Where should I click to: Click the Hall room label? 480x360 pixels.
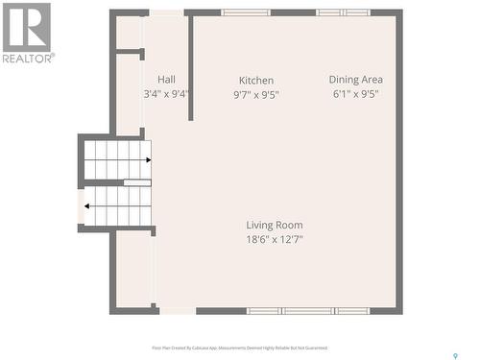click(166, 80)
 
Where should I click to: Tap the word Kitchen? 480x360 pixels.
click(256, 81)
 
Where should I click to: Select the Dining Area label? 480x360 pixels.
click(356, 80)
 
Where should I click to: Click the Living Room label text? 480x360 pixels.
click(275, 225)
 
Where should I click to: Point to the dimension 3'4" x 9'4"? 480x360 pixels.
click(166, 94)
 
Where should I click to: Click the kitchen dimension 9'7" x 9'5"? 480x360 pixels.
click(256, 95)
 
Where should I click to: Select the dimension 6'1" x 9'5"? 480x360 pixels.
click(356, 94)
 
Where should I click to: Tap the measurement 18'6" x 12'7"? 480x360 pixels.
click(275, 239)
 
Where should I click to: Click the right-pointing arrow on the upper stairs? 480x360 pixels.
click(147, 159)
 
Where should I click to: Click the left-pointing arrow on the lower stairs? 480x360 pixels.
click(87, 205)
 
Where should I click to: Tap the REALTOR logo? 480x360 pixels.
click(27, 32)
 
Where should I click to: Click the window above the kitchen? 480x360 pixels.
click(246, 12)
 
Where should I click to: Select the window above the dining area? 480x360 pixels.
click(343, 12)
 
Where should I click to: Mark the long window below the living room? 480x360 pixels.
click(307, 311)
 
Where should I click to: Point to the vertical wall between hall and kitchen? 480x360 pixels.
click(191, 67)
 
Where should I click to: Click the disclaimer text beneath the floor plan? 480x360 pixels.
click(240, 348)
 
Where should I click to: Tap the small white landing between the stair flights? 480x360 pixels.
click(137, 182)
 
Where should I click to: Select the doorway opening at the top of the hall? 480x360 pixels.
click(166, 12)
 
